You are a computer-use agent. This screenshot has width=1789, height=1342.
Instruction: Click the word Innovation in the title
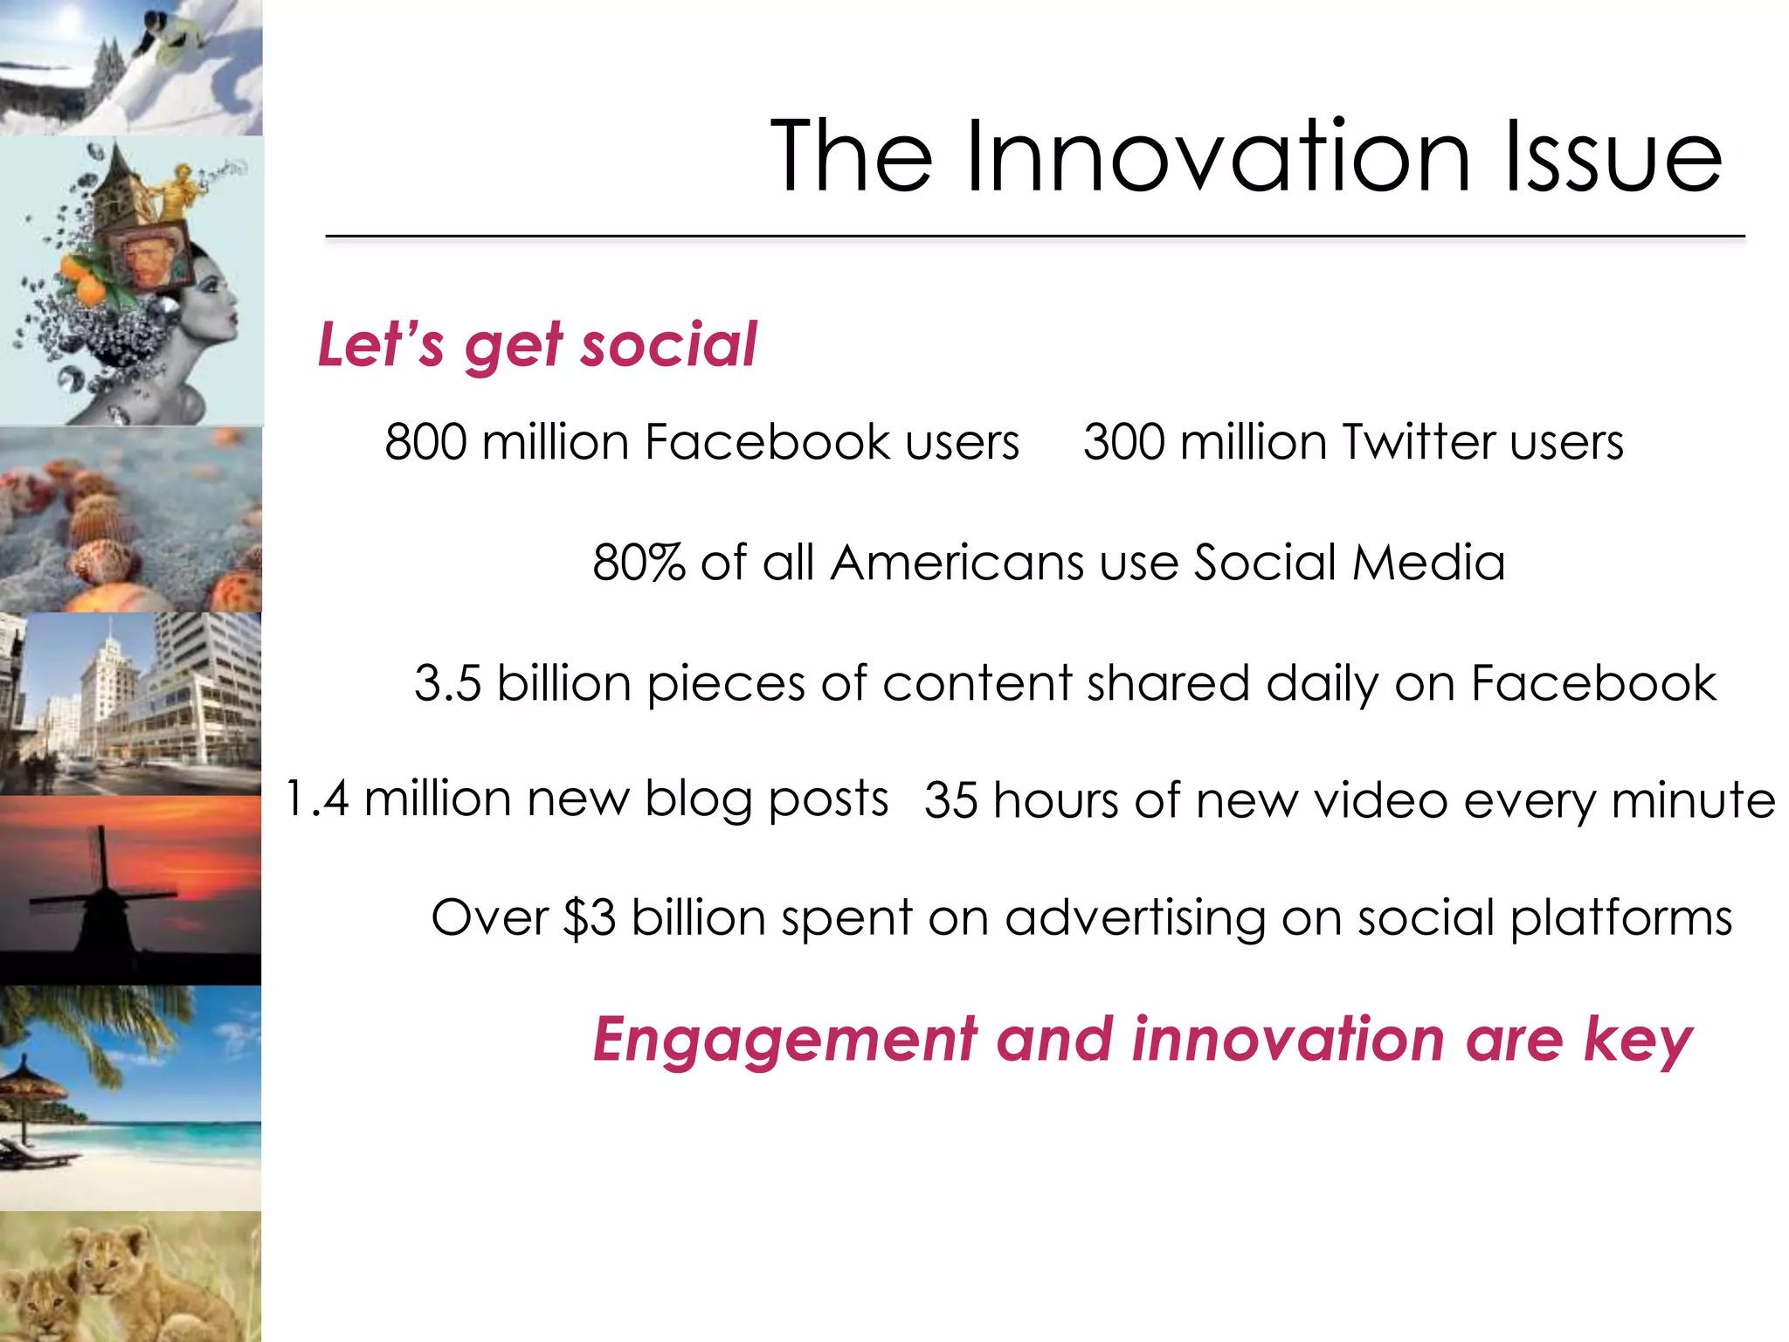coord(1218,157)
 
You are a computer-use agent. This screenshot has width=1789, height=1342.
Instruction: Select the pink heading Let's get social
coord(536,345)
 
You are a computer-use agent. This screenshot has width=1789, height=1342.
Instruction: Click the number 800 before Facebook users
coord(426,441)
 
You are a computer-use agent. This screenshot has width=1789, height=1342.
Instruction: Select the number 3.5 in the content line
coord(447,683)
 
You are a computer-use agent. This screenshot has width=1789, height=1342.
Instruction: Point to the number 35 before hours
coord(950,800)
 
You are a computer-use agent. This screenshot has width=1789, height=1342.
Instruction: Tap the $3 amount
coord(590,918)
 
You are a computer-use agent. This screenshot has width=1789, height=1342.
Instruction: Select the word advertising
coord(1135,918)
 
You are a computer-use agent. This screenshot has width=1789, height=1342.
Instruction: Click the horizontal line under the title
coord(1035,236)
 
